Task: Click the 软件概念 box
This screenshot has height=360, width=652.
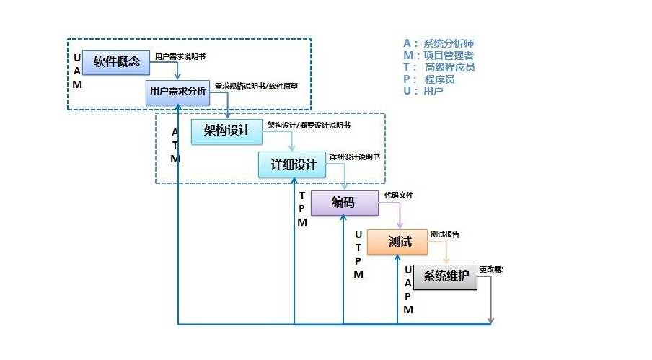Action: [116, 62]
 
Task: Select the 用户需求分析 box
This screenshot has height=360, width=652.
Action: [177, 91]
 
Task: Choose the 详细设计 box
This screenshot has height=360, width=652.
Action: [293, 164]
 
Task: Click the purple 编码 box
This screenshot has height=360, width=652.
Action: [343, 203]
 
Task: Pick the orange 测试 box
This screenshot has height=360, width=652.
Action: [397, 242]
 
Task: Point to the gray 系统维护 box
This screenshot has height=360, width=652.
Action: [445, 276]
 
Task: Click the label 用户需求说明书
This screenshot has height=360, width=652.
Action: [185, 56]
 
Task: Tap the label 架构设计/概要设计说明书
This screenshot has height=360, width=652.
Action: [309, 125]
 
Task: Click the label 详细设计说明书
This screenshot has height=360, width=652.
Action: [354, 157]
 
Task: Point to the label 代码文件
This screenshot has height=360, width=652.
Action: [399, 195]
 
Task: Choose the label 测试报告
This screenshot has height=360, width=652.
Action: [445, 234]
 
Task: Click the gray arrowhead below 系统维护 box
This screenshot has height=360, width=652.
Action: [491, 320]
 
